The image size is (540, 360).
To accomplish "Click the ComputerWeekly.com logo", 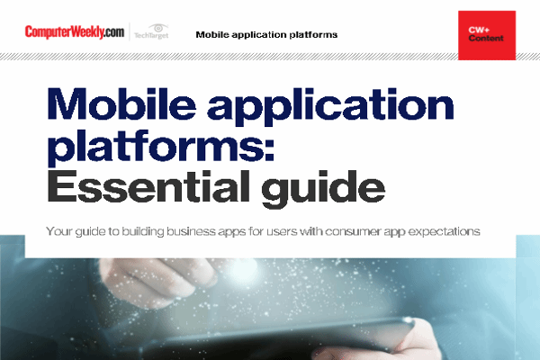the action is (75, 32).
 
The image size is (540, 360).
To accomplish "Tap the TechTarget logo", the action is (151, 31).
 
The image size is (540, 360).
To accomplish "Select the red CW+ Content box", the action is (487, 35).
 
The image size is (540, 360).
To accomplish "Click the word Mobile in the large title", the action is (121, 103).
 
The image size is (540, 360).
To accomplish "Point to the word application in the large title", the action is (330, 107).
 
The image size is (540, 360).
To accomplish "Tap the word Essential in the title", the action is (150, 186).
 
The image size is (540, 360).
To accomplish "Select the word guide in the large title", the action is (322, 189).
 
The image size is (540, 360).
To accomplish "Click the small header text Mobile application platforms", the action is (266, 35).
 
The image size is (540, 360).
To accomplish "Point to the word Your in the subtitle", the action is (58, 231).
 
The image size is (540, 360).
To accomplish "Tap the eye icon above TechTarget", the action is (158, 28).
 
